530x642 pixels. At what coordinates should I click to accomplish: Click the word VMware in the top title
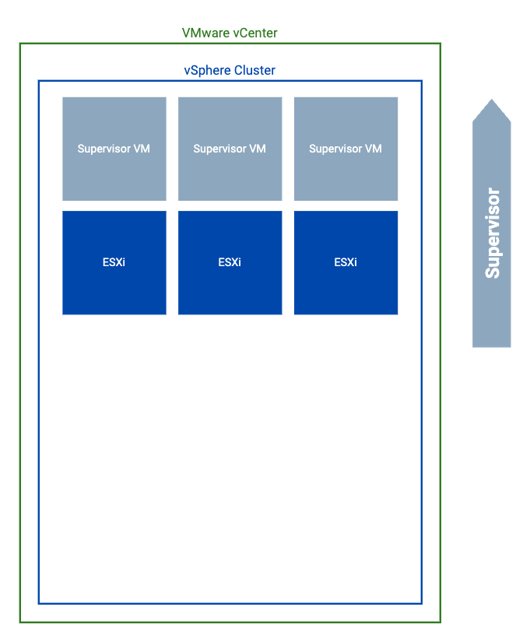(205, 33)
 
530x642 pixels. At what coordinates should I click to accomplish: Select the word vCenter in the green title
(254, 33)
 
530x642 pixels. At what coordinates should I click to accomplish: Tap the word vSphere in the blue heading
(206, 70)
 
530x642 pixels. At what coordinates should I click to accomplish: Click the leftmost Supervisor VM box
(114, 149)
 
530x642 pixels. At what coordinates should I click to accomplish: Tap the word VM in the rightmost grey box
(374, 149)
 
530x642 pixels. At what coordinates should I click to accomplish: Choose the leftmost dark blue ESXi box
(114, 262)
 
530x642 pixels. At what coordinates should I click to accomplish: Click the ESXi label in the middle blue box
(230, 262)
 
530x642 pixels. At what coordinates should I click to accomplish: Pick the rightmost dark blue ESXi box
(346, 262)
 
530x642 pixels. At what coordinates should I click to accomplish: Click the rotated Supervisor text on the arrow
(492, 233)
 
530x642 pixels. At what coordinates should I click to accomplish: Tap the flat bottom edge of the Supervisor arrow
(491, 346)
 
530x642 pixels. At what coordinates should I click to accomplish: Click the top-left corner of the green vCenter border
(20, 44)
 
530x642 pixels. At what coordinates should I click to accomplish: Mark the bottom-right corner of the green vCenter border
(440, 622)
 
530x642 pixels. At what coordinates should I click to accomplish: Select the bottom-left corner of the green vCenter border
(20, 622)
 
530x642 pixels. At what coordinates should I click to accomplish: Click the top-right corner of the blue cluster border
(421, 81)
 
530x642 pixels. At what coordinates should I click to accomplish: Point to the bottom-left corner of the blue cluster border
(39, 602)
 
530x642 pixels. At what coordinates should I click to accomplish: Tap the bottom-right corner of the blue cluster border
(421, 602)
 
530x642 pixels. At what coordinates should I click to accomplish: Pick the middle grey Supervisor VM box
(230, 149)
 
